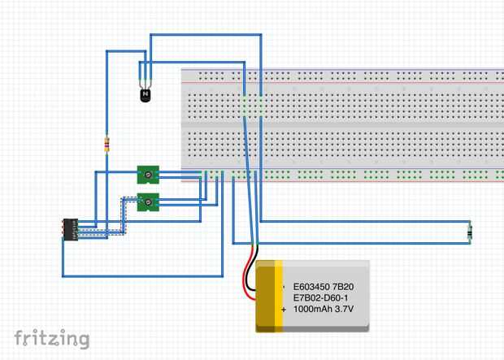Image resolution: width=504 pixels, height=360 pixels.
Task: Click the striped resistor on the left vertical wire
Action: click(107, 145)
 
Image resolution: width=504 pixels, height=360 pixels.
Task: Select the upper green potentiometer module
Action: click(148, 174)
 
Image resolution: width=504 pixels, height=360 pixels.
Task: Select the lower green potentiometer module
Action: click(148, 202)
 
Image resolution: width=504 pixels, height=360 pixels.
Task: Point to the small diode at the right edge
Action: click(470, 233)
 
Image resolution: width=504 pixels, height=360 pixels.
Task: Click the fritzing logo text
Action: click(51, 338)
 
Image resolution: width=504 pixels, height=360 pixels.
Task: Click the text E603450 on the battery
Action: click(312, 287)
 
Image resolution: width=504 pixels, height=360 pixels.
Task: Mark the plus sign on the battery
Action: click(284, 310)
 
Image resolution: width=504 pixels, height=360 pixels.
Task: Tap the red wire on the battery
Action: click(244, 280)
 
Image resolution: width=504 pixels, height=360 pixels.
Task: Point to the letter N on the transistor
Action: click(146, 95)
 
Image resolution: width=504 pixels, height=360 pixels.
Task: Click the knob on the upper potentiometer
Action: click(149, 173)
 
